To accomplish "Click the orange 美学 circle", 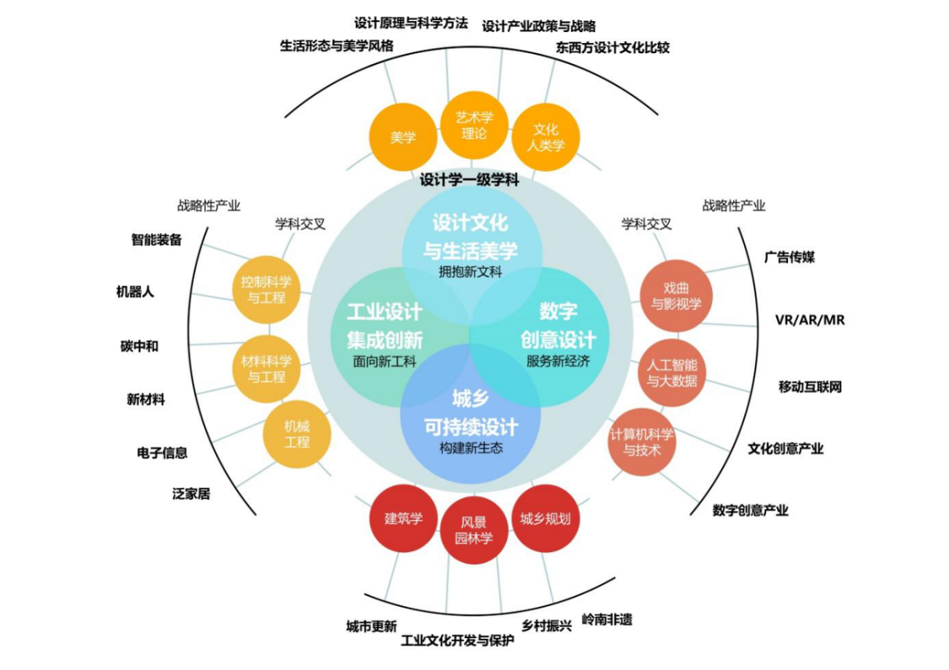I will point(403,137).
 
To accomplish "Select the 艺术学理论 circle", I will point(474,126).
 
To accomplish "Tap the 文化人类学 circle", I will point(546,137).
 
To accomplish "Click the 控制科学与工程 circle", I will point(267,290).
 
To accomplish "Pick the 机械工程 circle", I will point(297,435).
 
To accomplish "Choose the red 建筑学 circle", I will point(403,519).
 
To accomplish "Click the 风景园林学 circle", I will point(474,530).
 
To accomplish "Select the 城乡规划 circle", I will point(545,519).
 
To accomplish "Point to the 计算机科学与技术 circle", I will point(642,442).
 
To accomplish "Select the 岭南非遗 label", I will point(607,619).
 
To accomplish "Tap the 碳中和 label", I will point(139,346).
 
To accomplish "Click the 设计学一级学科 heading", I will point(469,180).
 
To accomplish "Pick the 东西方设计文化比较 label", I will point(612,48).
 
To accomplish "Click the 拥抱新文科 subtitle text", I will point(471,272).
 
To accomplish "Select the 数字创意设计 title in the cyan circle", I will point(558,325).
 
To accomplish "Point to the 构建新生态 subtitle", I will point(471,448).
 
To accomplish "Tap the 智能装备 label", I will point(156,239).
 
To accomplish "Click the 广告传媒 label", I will point(790,257).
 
